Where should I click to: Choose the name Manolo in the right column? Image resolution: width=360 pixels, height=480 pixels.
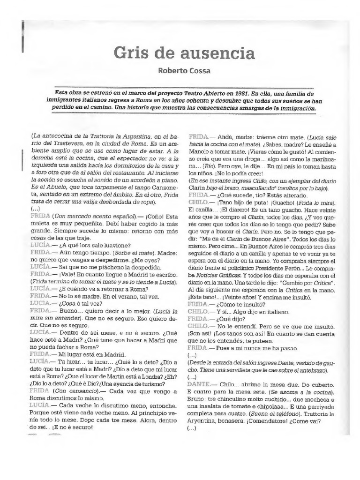pyautogui.click(x=198, y=152)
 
